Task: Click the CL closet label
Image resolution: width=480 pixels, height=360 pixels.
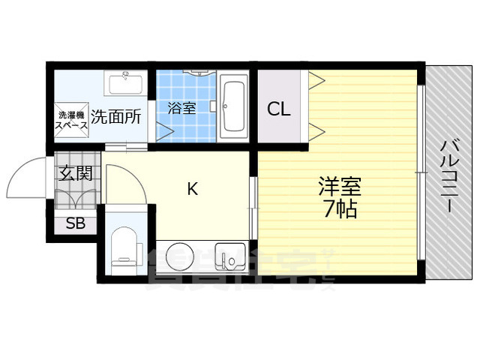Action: coord(279,109)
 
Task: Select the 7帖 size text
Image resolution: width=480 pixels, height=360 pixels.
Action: coord(340,208)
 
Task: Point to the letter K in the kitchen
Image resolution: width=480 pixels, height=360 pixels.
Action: coord(192,190)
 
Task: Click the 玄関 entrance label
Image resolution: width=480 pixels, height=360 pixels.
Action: coord(76,174)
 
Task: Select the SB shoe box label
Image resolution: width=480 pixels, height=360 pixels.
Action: coord(75,223)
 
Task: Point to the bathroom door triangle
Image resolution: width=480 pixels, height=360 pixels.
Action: coord(165,131)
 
